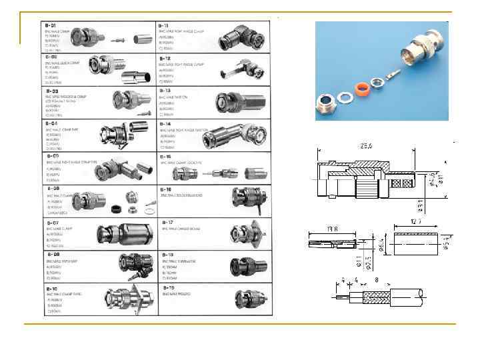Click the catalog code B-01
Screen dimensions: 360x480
click(52, 25)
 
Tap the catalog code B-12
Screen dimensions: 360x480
click(166, 58)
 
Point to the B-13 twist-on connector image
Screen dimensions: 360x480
click(237, 103)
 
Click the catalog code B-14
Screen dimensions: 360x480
click(167, 123)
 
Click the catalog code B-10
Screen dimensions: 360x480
click(53, 287)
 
